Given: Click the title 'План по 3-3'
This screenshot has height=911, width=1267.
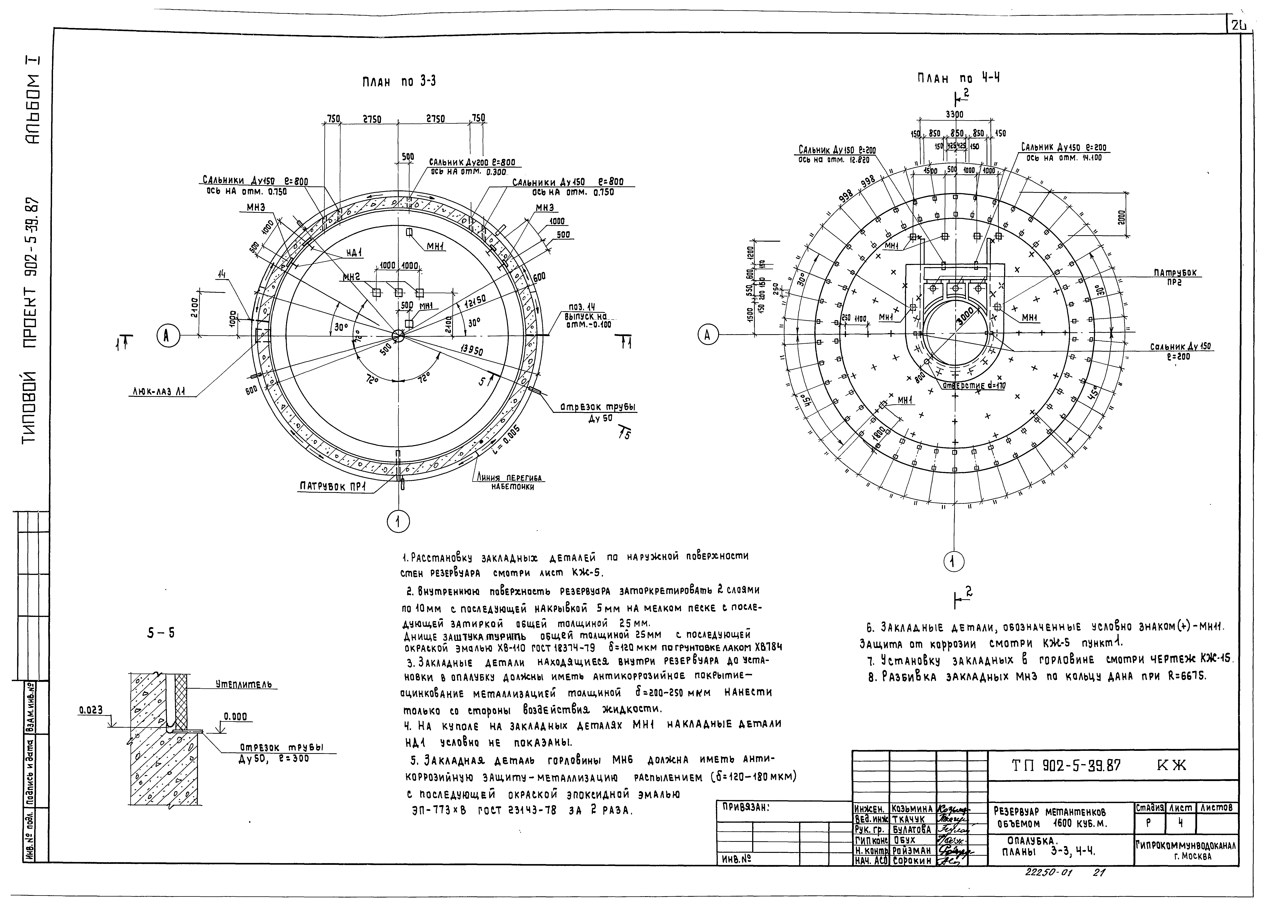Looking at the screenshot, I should coord(399,82).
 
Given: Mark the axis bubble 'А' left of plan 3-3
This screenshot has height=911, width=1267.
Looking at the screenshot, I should coord(166,335).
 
